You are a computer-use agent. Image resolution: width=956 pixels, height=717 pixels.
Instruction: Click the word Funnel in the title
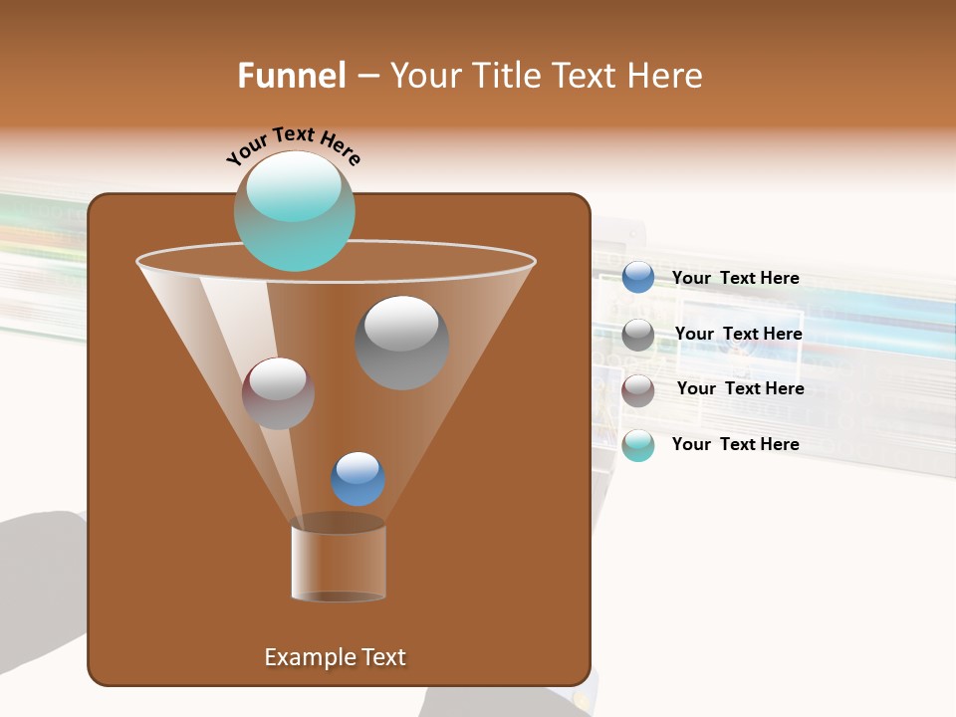coord(291,76)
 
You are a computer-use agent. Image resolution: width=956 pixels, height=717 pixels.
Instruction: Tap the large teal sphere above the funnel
coord(294,212)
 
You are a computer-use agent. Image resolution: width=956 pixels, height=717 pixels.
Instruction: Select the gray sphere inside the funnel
coord(401,343)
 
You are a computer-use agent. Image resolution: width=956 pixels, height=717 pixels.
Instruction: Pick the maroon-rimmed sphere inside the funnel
coord(278,393)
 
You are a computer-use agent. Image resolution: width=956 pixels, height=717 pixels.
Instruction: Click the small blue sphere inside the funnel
coord(358,479)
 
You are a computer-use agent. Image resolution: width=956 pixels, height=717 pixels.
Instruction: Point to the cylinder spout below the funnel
coord(338,563)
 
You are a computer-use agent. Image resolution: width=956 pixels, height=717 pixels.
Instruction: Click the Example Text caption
coord(335,657)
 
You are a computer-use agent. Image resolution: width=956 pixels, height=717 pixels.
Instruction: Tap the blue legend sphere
coord(638,278)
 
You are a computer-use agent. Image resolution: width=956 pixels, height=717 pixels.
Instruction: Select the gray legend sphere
coord(638,334)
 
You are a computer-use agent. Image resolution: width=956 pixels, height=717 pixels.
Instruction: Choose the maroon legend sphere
coord(638,389)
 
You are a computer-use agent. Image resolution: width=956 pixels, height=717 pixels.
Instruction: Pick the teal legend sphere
coord(638,445)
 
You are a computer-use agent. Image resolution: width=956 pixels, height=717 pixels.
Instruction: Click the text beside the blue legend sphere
coord(735,279)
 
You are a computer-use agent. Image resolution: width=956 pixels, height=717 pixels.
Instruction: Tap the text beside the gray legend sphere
coord(738,335)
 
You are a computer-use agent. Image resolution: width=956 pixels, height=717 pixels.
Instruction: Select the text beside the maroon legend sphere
coord(740,389)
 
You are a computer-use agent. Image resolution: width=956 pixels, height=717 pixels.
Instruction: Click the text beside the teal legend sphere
coord(735,445)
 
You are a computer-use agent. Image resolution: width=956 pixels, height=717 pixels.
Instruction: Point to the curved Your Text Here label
coord(293,143)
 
